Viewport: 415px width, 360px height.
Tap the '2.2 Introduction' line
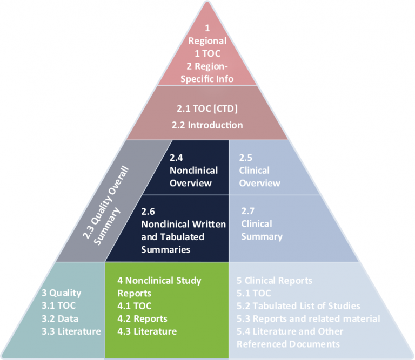(207, 125)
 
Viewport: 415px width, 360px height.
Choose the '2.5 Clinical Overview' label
(259, 170)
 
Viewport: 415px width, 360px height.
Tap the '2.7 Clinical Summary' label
(262, 223)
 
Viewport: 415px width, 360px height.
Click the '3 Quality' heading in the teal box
(61, 293)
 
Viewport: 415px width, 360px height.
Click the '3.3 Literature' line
(71, 331)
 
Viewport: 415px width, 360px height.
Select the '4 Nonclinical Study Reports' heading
(159, 287)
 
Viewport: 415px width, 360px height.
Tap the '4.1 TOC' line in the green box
(135, 305)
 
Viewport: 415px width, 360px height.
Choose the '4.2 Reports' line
(142, 318)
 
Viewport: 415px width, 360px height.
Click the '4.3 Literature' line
(147, 331)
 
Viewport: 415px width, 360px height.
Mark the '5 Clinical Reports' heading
(274, 280)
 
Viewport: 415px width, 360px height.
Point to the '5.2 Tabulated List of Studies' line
(298, 305)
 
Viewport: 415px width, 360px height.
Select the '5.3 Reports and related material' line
(308, 318)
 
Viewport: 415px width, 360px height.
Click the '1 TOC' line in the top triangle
(207, 53)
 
